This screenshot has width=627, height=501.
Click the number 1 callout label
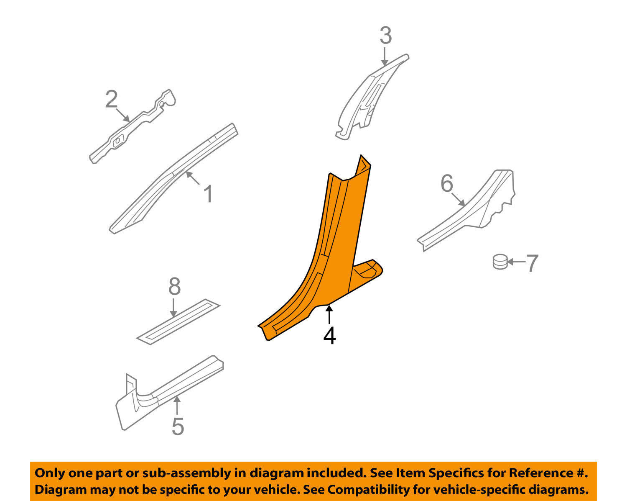[x=208, y=194]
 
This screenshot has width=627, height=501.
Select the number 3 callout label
[x=386, y=36]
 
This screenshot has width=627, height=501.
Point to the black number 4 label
[x=329, y=336]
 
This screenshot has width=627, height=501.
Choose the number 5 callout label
[x=178, y=426]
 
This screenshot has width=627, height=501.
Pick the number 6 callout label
[x=447, y=183]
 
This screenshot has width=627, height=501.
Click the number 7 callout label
[x=532, y=263]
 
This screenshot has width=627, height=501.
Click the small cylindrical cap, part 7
[x=500, y=262]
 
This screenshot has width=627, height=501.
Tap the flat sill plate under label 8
[x=178, y=322]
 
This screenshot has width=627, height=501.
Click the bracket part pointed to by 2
[x=133, y=126]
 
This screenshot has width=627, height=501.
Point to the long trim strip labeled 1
[x=174, y=178]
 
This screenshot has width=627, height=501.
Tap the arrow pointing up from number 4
[x=329, y=314]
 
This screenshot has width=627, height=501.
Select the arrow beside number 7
[x=516, y=262]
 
